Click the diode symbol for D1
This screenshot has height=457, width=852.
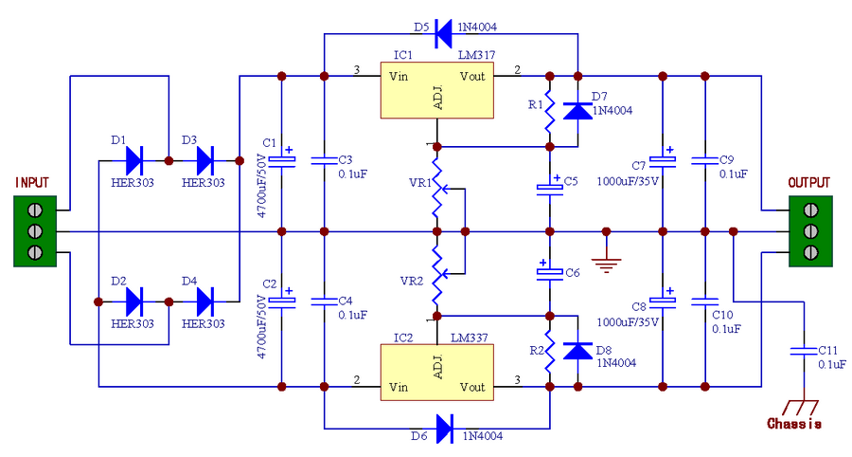click(x=133, y=160)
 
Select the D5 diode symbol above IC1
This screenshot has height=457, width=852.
click(x=442, y=34)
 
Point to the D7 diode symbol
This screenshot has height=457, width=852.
click(x=577, y=111)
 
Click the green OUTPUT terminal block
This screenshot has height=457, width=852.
click(x=810, y=231)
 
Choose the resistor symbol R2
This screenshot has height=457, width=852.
click(x=549, y=351)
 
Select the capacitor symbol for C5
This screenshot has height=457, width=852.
click(x=549, y=188)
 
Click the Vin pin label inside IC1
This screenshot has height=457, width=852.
click(x=399, y=76)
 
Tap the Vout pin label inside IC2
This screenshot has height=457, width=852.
click(x=473, y=387)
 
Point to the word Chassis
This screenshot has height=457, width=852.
click(x=793, y=424)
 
